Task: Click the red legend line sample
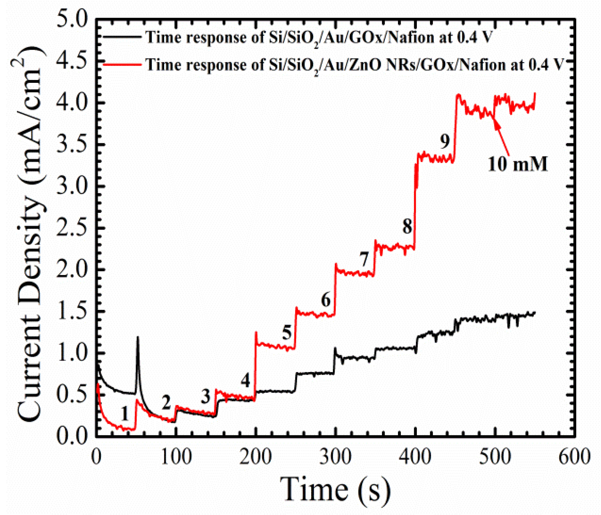coord(122,64)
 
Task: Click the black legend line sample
coord(122,36)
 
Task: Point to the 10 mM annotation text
coord(517,164)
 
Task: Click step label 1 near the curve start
coord(125,413)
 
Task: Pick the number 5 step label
coord(287,333)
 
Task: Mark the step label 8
coord(407,227)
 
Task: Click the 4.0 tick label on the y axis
coord(72,103)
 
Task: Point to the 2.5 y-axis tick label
coord(72,228)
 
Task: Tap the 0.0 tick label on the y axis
coord(72,437)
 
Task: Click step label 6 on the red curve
coord(326,300)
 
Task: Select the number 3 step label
coord(206,397)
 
